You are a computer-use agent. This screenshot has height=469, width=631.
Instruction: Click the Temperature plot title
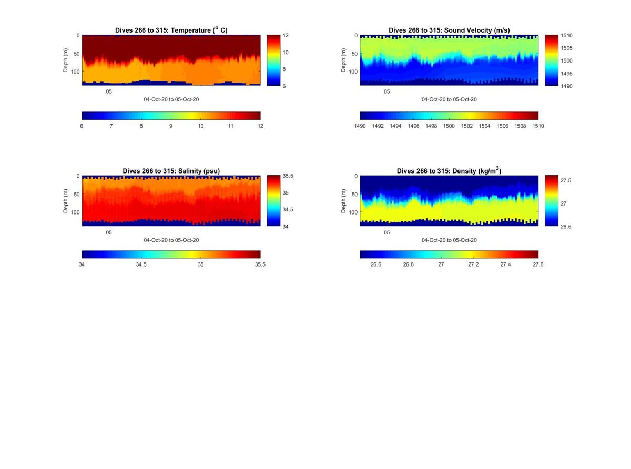171,30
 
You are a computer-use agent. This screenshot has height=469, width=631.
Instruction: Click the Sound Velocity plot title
449,30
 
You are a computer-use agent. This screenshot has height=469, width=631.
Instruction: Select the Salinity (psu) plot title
171,171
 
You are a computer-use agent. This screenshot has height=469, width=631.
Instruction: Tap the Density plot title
449,171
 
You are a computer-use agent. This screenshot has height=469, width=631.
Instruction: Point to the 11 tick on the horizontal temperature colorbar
231,126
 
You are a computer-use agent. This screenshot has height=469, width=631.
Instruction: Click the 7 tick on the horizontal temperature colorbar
111,126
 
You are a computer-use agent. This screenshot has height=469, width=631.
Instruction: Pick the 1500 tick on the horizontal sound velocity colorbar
449,126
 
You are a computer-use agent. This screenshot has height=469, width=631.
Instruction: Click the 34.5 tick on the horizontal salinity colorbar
141,264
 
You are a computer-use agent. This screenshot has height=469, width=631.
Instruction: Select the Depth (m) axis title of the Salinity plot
66,201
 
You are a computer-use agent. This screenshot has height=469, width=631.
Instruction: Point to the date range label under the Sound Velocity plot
449,99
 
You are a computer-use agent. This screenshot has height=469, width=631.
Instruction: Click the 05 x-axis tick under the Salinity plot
109,232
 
